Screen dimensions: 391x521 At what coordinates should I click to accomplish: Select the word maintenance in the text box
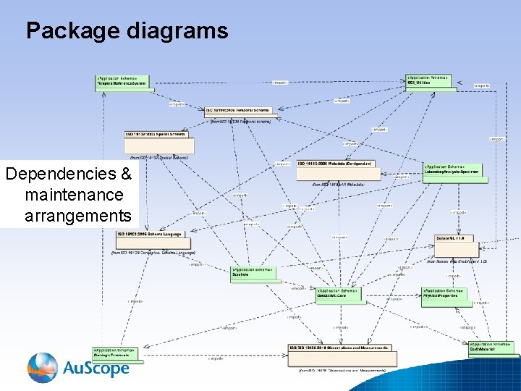click(74, 195)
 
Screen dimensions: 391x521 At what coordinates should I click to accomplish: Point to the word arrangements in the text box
click(78, 216)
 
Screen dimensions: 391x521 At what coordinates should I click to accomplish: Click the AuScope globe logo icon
click(43, 367)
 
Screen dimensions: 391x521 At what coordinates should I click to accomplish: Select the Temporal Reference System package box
click(122, 82)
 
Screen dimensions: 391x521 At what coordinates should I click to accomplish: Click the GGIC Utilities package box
click(431, 82)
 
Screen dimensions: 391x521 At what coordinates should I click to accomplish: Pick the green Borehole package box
click(253, 273)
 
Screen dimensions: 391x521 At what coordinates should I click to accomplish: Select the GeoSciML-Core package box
click(338, 293)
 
